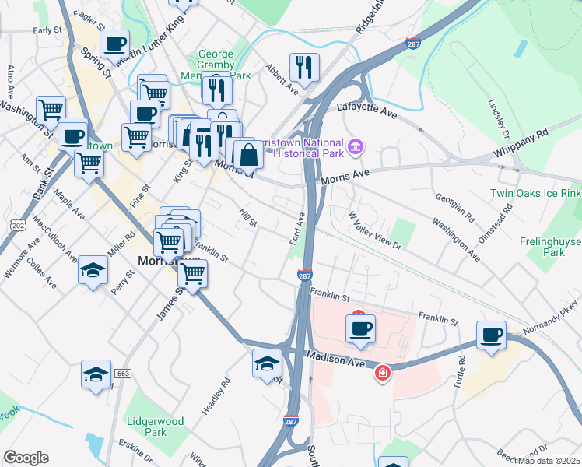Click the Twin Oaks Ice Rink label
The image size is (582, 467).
535,192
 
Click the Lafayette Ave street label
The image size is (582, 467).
366,110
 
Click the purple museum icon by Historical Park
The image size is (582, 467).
356,146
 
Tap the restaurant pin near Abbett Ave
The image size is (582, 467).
304,67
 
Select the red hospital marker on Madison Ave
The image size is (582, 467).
383,374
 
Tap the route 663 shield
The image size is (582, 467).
122,374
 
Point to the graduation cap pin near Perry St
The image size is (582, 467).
93,270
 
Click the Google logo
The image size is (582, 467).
26,458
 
